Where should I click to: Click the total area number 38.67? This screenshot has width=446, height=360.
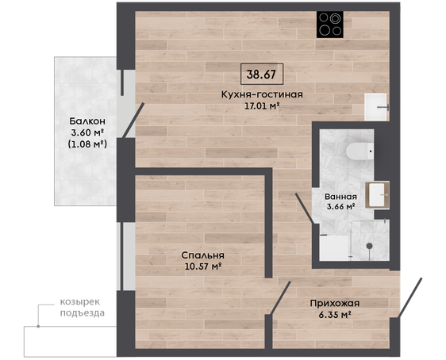pos(261,75)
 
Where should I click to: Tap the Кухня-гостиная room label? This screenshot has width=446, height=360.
pos(262,94)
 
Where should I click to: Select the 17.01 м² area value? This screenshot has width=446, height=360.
pos(262,106)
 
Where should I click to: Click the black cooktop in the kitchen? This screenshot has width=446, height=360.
pos(330,25)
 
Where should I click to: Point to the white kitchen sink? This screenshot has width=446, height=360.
pos(376,107)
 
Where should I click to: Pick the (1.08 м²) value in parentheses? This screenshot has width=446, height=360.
pos(87,144)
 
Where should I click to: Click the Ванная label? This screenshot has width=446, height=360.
pos(340,197)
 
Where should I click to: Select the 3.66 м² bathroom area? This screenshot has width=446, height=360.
pos(340,207)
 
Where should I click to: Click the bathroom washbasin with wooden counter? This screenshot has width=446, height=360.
pos(377,195)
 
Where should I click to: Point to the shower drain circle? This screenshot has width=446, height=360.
pos(369,246)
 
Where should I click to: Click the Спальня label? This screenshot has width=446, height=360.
pos(203,255)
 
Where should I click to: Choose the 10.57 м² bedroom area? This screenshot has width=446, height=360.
pos(203,266)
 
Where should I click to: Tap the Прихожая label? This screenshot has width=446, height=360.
pos(335,304)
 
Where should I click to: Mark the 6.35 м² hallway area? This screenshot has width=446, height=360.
pos(335,315)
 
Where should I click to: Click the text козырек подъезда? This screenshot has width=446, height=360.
pos(83,308)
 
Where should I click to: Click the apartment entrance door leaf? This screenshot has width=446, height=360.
pos(409,297)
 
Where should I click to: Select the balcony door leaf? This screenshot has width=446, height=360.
pos(133,121)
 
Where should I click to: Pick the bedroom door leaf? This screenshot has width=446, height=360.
pos(280,298)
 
